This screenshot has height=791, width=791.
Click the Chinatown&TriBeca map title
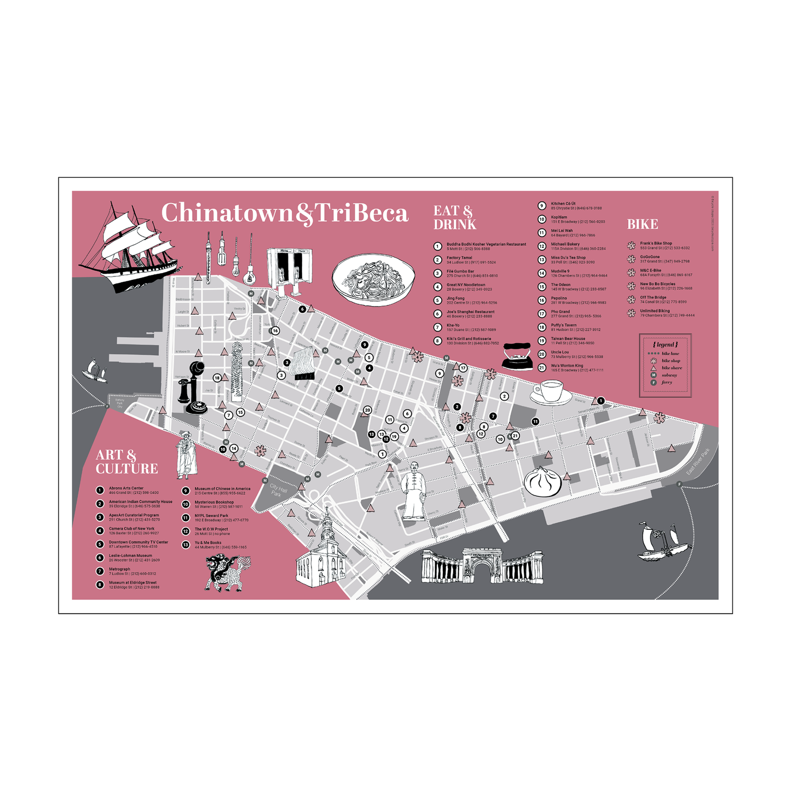(x=285, y=213)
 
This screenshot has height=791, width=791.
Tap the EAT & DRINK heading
(x=454, y=218)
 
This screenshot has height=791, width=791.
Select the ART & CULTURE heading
(x=126, y=462)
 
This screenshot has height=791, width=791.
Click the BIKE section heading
(x=642, y=224)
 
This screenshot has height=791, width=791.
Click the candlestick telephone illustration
(x=192, y=389)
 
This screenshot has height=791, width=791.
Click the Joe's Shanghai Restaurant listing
(x=470, y=314)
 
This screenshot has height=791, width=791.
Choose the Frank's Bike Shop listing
(x=664, y=245)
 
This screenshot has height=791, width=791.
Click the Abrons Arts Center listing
(x=133, y=490)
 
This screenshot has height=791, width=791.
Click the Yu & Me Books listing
(x=220, y=545)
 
